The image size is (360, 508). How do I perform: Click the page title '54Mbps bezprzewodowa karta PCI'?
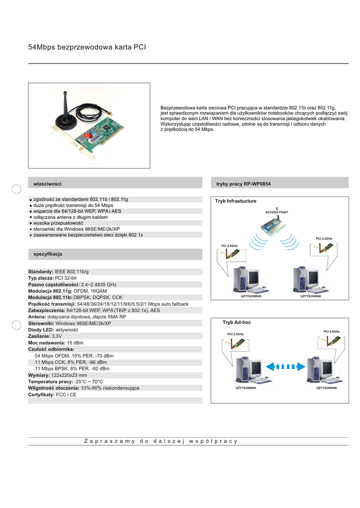coord(87,47)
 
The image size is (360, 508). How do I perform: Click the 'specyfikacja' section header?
coord(48,254)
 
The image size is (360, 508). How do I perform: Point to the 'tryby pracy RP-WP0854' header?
coord(243,184)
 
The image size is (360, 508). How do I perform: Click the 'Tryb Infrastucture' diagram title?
coord(235,201)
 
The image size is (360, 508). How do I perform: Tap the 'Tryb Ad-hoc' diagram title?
coord(236,322)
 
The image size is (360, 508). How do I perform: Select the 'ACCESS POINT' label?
coord(277,212)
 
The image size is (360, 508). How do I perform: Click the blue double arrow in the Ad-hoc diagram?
coord(281,367)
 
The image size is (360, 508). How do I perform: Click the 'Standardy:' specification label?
coord(41,272)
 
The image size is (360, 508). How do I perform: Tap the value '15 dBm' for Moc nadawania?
coord(75,343)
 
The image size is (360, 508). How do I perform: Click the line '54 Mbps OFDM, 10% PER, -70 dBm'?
coord(74,356)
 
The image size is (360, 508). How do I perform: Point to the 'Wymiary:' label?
coord(39,375)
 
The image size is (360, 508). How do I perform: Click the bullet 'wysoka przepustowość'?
coord(58,223)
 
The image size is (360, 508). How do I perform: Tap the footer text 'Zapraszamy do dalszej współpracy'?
coord(161,441)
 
